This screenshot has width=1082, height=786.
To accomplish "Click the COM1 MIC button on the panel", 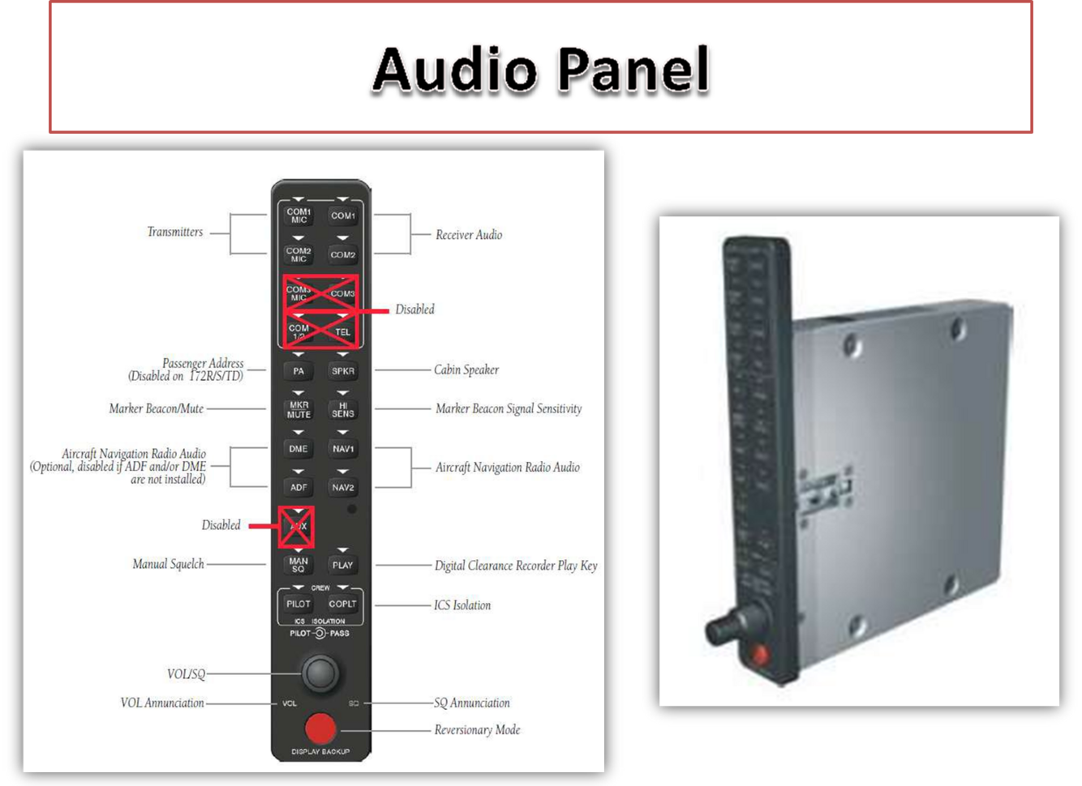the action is click(298, 216).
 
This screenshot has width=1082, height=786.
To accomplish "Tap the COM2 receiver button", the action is click(342, 254).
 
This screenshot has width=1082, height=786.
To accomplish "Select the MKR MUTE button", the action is click(298, 409).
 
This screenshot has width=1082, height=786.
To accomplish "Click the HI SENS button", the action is click(342, 409).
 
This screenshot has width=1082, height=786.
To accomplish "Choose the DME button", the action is click(298, 449).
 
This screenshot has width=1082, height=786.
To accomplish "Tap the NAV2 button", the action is click(342, 488).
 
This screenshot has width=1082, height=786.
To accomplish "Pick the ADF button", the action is click(298, 488).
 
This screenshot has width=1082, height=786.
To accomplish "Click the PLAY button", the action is click(342, 566).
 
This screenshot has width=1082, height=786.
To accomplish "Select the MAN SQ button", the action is click(298, 565).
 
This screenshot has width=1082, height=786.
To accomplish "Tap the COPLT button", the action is click(342, 604).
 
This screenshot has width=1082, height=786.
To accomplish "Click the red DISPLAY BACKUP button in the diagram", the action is click(320, 728).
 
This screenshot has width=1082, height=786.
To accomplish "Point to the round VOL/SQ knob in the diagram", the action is click(320, 672).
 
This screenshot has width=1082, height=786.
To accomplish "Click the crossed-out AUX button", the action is click(297, 527).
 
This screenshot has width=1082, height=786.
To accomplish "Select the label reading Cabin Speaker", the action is click(466, 370).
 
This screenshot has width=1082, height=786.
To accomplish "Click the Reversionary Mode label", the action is click(477, 730).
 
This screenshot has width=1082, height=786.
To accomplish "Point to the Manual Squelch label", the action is click(168, 564).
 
